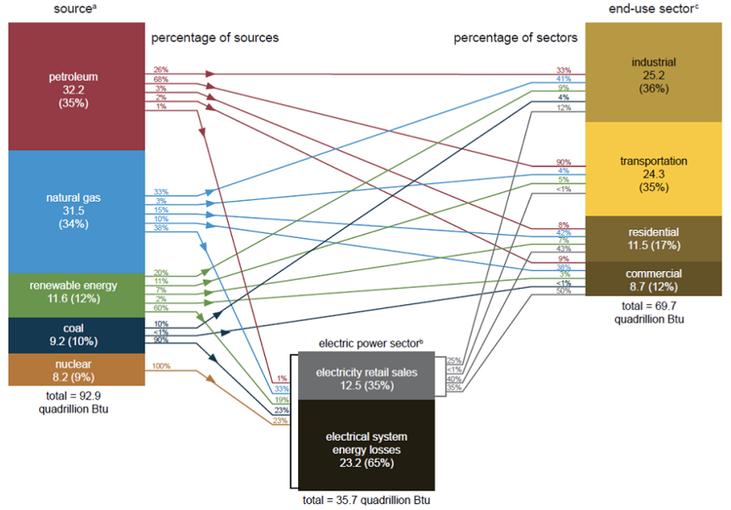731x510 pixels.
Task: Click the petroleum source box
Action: pyautogui.click(x=75, y=87)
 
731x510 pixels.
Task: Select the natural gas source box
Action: pyautogui.click(x=75, y=211)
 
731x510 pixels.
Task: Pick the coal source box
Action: pyautogui.click(x=75, y=335)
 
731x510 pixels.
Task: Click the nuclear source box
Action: pyautogui.click(x=75, y=369)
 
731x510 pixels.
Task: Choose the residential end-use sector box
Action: pyautogui.click(x=653, y=238)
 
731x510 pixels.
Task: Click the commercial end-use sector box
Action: pyautogui.click(x=653, y=279)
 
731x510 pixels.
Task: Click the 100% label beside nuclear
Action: pyautogui.click(x=160, y=366)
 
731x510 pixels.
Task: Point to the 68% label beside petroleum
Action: pyautogui.click(x=160, y=79)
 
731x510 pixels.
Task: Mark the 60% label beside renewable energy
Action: pyautogui.click(x=160, y=307)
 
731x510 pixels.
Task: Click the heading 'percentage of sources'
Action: pyautogui.click(x=214, y=38)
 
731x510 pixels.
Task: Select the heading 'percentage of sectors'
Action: pyautogui.click(x=515, y=38)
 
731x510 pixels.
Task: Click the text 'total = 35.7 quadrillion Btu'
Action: pyautogui.click(x=366, y=500)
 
